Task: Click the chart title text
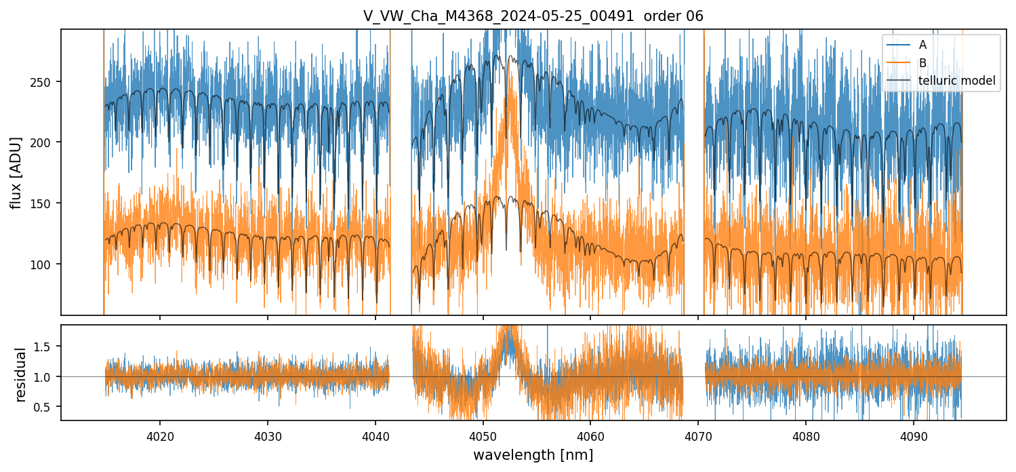coord(533,16)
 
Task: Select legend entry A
coord(922,45)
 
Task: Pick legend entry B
coord(922,63)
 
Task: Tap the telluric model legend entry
coord(956,81)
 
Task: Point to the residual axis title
coord(20,374)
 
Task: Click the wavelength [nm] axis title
coord(533,454)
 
